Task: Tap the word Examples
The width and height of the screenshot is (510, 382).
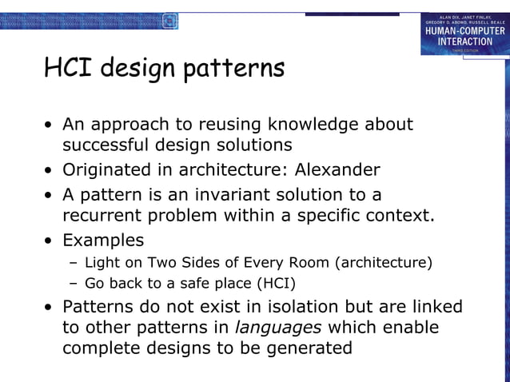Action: coord(103,240)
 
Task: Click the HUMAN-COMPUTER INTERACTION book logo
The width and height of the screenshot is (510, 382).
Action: coord(464,34)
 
